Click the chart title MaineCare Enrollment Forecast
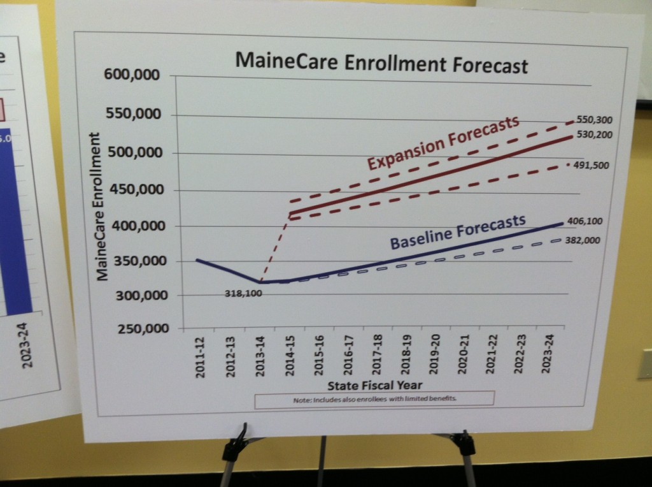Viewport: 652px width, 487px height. click(381, 64)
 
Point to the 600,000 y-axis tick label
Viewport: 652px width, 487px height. click(137, 75)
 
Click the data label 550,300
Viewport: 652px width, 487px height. click(594, 119)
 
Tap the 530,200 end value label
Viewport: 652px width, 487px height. click(594, 134)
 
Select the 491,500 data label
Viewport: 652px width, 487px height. click(592, 165)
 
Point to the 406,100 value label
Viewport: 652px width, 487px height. click(584, 221)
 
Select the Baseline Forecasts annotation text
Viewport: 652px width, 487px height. click(457, 233)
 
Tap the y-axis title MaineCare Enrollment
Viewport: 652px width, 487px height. click(100, 206)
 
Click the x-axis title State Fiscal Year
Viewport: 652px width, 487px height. click(374, 386)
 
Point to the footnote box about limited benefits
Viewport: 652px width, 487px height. click(374, 398)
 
